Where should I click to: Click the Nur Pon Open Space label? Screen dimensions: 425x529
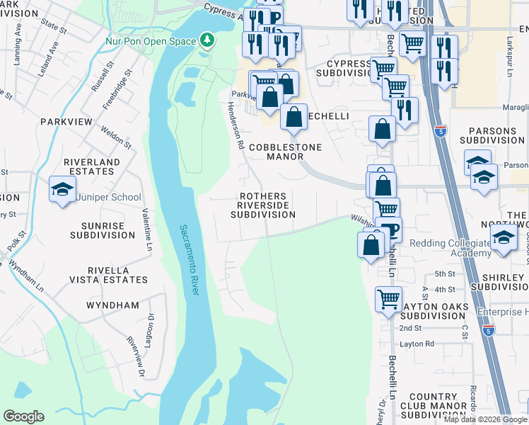click(151, 42)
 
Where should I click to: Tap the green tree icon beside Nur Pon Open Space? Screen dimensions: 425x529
click(207, 40)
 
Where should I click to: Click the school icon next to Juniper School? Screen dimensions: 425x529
click(62, 189)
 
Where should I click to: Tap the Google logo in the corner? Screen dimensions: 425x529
click(23, 416)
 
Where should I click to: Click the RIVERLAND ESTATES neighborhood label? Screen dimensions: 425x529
click(92, 167)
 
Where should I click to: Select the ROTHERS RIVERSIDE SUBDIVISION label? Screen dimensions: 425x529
click(263, 205)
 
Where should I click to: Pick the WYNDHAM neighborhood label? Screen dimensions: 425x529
click(112, 305)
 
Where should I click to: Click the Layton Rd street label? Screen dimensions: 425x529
click(417, 344)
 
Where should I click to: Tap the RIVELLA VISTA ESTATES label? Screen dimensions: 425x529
click(108, 276)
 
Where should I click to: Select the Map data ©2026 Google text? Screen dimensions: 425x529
click(485, 419)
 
